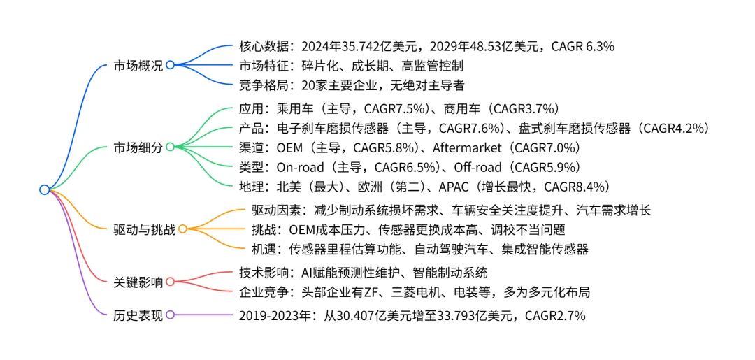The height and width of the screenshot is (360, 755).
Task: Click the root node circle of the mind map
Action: (x=44, y=189)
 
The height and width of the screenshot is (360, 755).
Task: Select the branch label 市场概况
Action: (x=138, y=66)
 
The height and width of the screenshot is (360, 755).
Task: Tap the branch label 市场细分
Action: (x=138, y=147)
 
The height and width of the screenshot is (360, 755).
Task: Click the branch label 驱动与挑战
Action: (x=144, y=229)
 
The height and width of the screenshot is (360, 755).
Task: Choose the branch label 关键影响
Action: (x=138, y=282)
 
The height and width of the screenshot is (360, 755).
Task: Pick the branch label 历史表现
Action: (x=138, y=315)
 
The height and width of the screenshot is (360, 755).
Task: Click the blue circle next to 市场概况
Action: (x=169, y=66)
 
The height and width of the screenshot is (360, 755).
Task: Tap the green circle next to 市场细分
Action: (x=169, y=147)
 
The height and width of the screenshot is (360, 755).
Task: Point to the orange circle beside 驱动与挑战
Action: (x=182, y=229)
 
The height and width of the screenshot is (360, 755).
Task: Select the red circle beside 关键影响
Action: (x=169, y=282)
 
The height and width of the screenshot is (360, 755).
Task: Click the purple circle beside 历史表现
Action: (x=169, y=315)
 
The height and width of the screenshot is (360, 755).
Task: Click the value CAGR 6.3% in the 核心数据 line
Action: (x=582, y=47)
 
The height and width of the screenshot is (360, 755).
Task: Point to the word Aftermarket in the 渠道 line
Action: (x=467, y=148)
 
